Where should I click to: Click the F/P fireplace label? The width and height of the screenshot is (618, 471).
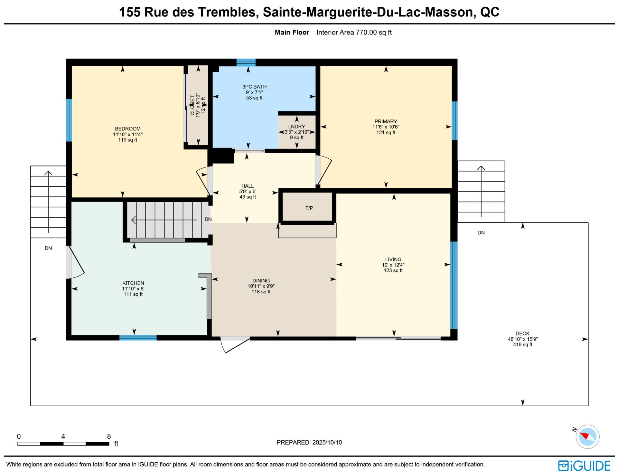click(x=309, y=208)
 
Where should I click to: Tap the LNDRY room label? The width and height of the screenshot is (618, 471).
click(x=296, y=127)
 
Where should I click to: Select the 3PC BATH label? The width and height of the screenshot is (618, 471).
click(x=254, y=87)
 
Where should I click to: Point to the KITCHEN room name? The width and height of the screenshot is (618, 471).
click(x=133, y=283)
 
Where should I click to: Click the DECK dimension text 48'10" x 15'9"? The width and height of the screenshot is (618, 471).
click(x=522, y=339)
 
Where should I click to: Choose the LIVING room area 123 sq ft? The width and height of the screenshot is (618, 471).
click(x=393, y=270)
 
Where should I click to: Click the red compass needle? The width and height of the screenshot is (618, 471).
click(x=584, y=436)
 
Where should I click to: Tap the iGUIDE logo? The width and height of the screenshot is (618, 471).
click(x=584, y=466)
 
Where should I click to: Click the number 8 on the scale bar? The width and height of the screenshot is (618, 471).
click(x=109, y=436)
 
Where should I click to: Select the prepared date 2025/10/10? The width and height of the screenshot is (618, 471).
click(x=327, y=442)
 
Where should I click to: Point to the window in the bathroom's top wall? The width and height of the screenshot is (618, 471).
click(x=246, y=62)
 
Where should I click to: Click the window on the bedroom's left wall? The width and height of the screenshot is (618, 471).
click(x=69, y=120)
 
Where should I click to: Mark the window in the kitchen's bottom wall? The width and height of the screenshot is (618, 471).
click(x=138, y=338)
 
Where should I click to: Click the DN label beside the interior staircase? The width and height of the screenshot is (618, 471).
click(x=208, y=219)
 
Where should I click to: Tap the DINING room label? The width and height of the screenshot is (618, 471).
click(x=261, y=281)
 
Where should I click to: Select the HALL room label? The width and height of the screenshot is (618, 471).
click(x=248, y=186)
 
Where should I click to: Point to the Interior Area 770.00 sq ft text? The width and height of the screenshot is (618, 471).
click(x=354, y=33)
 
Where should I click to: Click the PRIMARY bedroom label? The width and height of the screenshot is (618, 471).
click(x=386, y=121)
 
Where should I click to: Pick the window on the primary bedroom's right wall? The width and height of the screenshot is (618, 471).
click(x=454, y=121)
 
